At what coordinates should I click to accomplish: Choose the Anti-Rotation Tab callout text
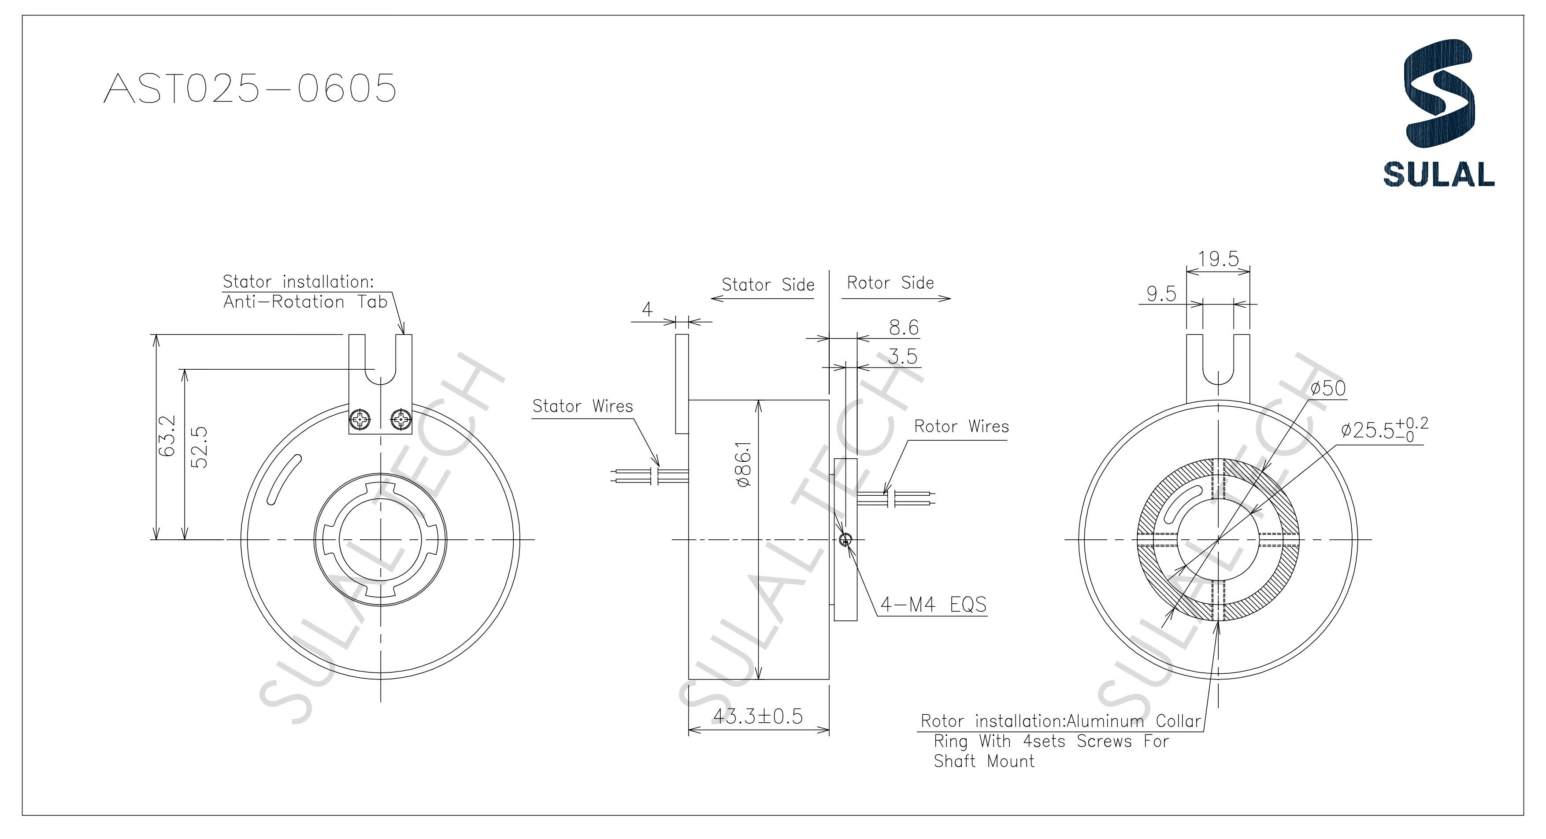point(305,302)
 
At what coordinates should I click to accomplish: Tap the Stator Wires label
point(582,406)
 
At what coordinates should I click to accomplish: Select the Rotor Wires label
point(961,427)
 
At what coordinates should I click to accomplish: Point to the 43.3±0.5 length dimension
point(757,716)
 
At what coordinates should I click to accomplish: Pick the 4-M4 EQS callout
point(933,604)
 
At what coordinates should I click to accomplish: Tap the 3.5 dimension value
point(903,356)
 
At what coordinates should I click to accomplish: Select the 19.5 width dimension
point(1218,259)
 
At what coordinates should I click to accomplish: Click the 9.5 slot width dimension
point(1161,294)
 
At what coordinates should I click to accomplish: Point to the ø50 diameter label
point(1327,388)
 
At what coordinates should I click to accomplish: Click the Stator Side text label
point(767,285)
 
